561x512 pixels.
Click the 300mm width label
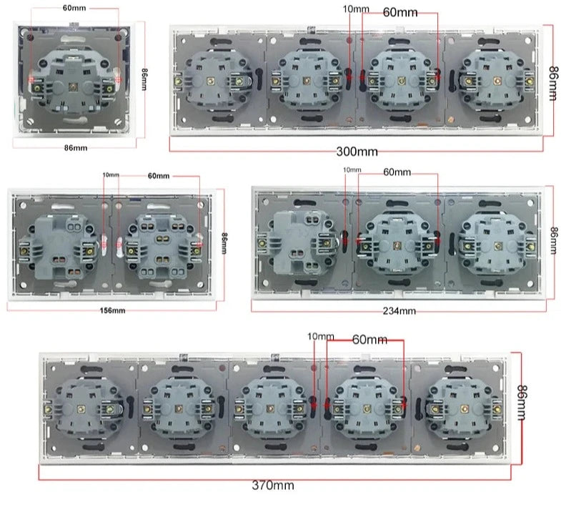[x=357, y=152]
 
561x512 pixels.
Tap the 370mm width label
[x=273, y=485]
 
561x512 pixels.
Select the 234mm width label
[x=399, y=311]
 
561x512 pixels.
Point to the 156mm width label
[x=112, y=310]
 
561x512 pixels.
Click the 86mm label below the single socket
[x=76, y=148]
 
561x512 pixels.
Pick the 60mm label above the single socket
[x=74, y=8]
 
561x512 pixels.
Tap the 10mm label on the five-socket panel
[x=321, y=337]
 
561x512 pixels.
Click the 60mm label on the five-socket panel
[x=369, y=340]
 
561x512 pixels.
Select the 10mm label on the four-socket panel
[x=356, y=9]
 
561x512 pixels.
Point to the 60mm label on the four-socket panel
[x=400, y=13]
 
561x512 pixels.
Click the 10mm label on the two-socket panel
[x=111, y=174]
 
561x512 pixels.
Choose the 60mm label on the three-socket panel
[x=397, y=172]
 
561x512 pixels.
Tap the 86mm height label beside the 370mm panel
[x=522, y=403]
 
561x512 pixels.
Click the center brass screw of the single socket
[x=74, y=87]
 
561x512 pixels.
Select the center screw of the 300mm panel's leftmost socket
[x=210, y=82]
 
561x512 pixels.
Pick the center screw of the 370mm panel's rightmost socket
[x=464, y=409]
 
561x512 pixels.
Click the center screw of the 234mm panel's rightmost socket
[x=497, y=245]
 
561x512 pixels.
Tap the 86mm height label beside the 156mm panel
[x=224, y=243]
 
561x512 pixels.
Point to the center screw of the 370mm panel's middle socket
[x=270, y=408]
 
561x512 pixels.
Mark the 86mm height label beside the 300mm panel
[x=553, y=84]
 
